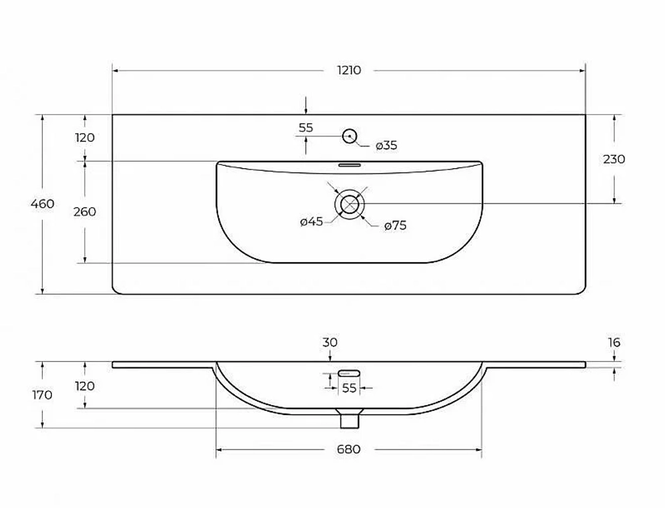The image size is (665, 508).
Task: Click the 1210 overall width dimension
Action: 349,70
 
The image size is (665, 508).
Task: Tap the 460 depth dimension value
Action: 43,204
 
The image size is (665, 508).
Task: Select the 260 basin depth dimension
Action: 85,211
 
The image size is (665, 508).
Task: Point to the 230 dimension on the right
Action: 614,159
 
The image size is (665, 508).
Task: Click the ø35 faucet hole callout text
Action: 386,146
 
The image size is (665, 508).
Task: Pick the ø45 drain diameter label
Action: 311,221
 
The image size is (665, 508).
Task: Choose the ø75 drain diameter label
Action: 395,225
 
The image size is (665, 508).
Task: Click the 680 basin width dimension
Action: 348,449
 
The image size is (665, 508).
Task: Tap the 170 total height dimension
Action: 43,395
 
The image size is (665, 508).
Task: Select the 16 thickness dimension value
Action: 614,342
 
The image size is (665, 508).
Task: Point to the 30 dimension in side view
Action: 330,342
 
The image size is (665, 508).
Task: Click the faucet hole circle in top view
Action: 350,136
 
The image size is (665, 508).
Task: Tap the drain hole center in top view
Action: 350,205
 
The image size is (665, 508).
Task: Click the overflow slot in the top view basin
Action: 349,164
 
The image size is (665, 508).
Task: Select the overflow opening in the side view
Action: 349,373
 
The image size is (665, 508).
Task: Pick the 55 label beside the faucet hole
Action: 306,128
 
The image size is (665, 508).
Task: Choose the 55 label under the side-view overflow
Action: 349,388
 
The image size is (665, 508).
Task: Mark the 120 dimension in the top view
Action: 85,138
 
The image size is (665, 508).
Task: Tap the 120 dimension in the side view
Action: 85,386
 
